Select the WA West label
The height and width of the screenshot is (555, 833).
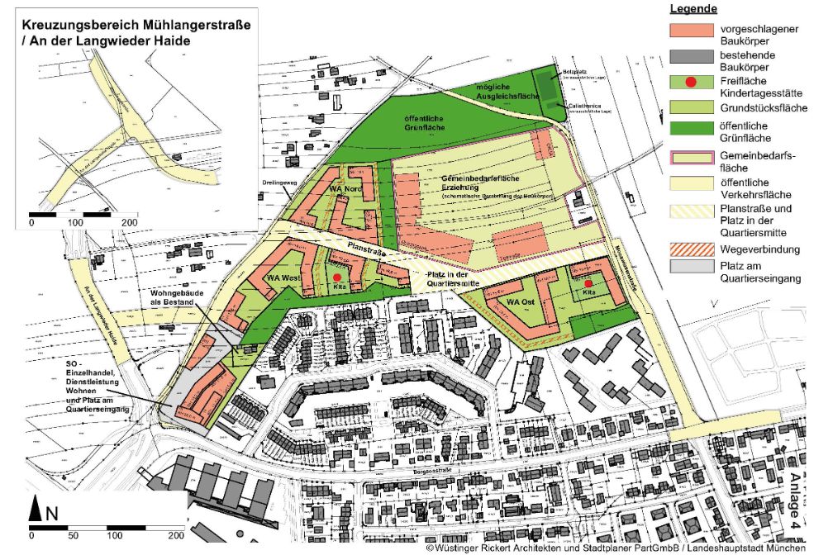(283, 279)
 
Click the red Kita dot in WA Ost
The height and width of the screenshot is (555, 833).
(588, 283)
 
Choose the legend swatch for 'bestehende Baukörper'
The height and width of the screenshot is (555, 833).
(692, 59)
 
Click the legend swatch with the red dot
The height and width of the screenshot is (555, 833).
(692, 83)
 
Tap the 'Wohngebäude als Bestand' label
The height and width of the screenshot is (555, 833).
(173, 297)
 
